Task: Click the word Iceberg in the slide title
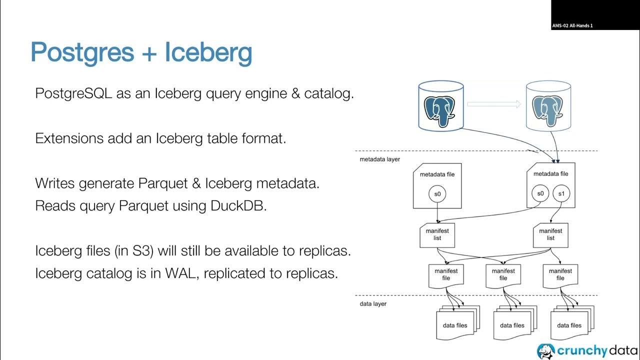coord(208,52)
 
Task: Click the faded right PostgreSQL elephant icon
coord(547,107)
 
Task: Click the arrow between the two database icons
coord(494,104)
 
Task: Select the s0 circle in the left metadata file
coord(437,193)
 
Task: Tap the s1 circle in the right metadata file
coord(560,193)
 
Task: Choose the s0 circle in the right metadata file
coord(540,193)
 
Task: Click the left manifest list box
coord(437,235)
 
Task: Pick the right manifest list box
coord(550,235)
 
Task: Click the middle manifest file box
coord(503,275)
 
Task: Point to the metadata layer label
coord(379,159)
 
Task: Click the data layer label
coord(373,303)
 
